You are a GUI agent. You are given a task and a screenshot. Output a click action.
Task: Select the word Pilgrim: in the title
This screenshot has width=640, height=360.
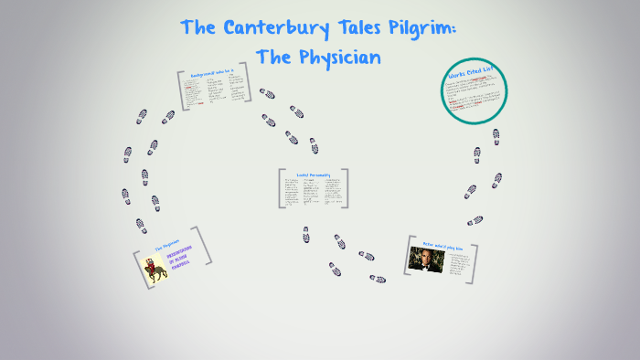tap(428, 27)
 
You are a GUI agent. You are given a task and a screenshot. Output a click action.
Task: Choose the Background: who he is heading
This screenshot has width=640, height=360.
tap(212, 73)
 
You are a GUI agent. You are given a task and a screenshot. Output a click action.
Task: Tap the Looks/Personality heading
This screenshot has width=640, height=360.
tap(312, 173)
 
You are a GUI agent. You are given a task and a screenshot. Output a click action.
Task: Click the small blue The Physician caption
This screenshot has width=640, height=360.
tap(166, 246)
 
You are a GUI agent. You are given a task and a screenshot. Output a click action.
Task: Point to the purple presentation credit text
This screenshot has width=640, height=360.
tap(182, 264)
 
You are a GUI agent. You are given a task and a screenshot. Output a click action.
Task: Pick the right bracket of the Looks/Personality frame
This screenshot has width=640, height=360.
tap(347, 188)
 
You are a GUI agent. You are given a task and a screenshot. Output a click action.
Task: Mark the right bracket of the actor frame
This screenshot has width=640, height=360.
tap(474, 260)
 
